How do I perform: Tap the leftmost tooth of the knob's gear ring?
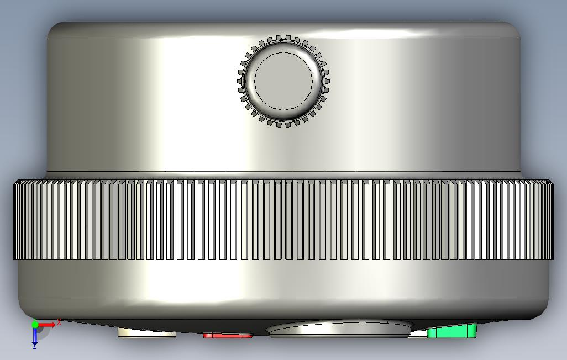[239, 81]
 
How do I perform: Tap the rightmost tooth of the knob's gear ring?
[327, 81]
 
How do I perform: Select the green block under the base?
[452, 331]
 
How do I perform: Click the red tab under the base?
[227, 335]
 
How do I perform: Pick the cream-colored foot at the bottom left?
[146, 332]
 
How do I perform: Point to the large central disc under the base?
[339, 329]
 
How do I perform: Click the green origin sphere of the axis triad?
[35, 324]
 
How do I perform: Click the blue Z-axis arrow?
[35, 336]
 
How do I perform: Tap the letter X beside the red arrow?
[59, 322]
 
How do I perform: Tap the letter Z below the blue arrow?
[34, 347]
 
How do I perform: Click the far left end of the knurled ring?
[16, 220]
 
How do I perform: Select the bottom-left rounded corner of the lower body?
[25, 309]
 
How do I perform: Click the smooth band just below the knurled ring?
[283, 279]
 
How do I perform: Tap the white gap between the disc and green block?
[419, 333]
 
